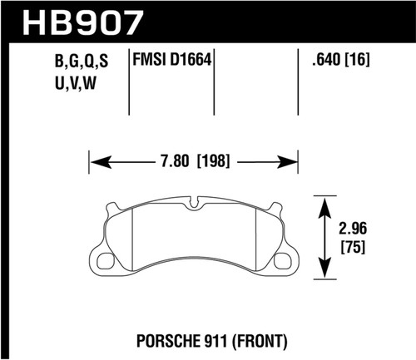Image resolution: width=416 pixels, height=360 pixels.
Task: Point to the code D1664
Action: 191,60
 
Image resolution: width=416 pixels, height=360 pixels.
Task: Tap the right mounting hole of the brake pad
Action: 286,262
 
